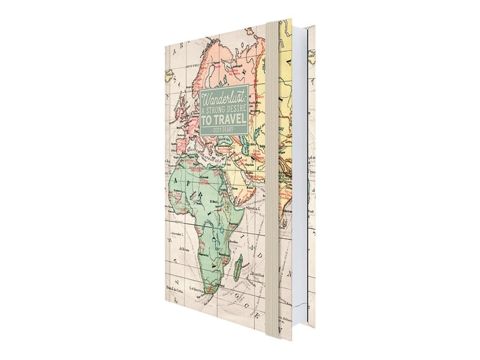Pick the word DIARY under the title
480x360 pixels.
tap(231, 129)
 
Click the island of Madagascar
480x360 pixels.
tap(238, 270)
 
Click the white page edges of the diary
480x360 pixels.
tap(300, 187)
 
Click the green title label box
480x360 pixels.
tap(224, 112)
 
